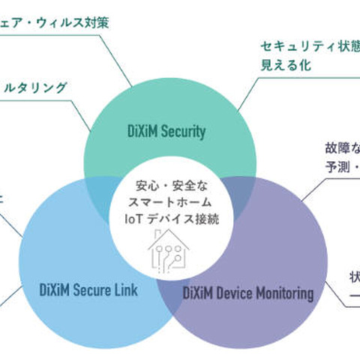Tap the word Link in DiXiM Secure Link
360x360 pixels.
tap(124, 291)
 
